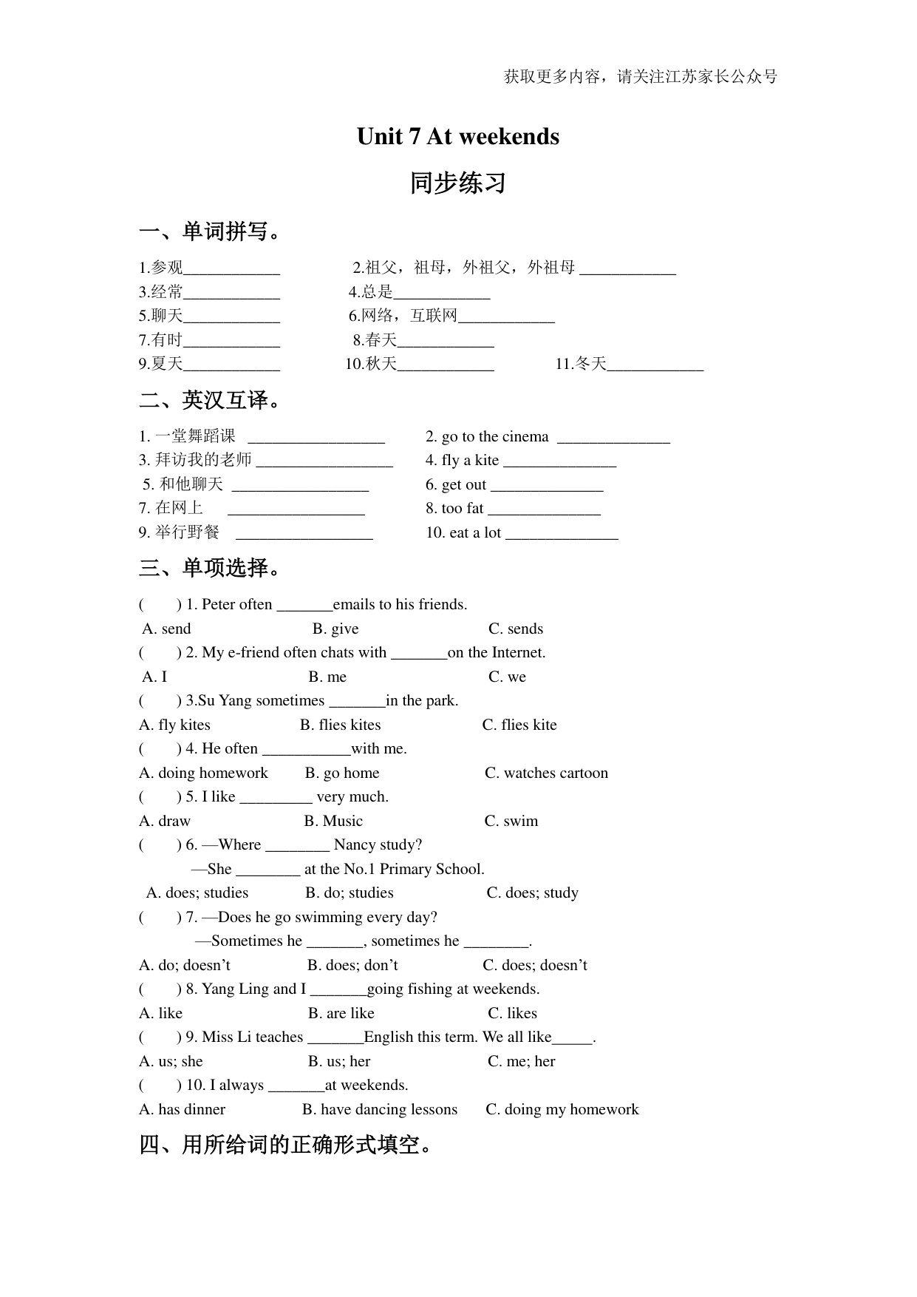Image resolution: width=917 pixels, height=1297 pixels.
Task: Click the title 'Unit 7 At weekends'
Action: (x=457, y=137)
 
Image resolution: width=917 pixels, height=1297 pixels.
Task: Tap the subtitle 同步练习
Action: (x=457, y=183)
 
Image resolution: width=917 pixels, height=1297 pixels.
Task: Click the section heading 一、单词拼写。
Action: (x=211, y=231)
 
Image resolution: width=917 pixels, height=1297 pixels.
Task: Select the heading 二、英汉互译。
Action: (x=211, y=400)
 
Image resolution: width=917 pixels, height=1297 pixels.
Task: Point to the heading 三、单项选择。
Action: (x=211, y=568)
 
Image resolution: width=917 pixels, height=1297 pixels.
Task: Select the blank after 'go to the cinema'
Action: (x=613, y=438)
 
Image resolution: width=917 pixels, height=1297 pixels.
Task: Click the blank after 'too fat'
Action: (x=544, y=510)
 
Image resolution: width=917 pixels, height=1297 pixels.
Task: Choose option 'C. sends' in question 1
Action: (x=515, y=629)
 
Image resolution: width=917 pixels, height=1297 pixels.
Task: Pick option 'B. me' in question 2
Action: (x=327, y=677)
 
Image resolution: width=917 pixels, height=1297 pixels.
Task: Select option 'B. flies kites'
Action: (x=340, y=725)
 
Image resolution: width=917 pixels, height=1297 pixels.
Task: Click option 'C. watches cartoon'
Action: (x=546, y=773)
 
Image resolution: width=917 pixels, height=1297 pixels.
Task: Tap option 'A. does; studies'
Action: (x=197, y=893)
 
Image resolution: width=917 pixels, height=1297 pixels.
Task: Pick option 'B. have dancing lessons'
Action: (x=380, y=1109)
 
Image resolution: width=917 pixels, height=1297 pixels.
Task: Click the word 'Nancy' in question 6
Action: (x=355, y=844)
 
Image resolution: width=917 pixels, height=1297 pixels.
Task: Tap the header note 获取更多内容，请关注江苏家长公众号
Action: (x=640, y=76)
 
